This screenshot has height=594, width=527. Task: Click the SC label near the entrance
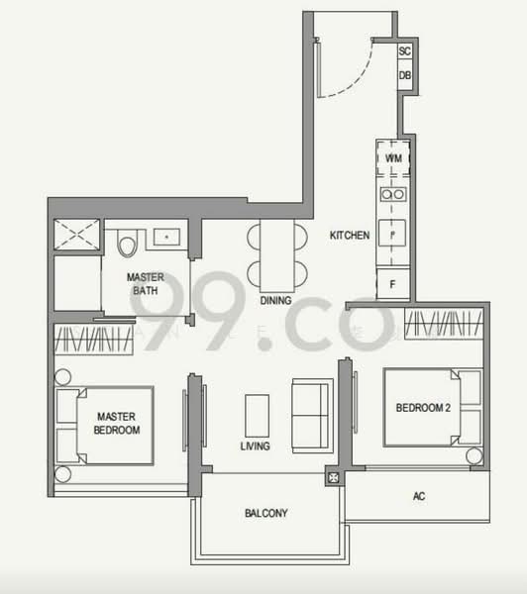click(x=405, y=50)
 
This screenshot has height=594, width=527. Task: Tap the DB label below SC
click(x=405, y=75)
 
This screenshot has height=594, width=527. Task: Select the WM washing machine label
click(x=393, y=157)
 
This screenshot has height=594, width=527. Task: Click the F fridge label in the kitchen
click(x=393, y=284)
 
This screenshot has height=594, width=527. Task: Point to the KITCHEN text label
click(x=350, y=236)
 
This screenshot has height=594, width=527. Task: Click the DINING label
click(x=275, y=300)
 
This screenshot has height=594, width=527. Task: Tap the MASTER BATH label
click(x=145, y=284)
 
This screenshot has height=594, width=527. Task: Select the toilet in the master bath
click(x=126, y=244)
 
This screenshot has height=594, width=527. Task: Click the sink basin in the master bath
click(x=166, y=238)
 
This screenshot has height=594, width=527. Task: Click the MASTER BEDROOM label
click(x=117, y=424)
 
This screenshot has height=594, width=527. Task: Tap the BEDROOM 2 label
click(x=423, y=408)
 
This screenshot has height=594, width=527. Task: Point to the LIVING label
click(x=256, y=446)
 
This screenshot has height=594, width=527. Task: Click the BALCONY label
click(x=265, y=513)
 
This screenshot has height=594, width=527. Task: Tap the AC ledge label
click(x=419, y=496)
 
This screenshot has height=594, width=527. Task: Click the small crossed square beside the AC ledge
click(x=333, y=480)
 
